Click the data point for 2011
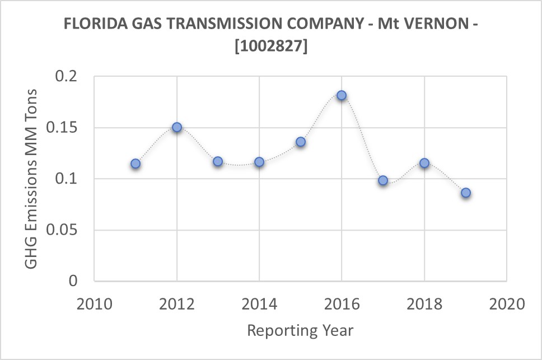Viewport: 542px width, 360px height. click(135, 163)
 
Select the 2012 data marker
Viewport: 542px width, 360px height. click(177, 127)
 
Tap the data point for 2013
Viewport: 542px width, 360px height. click(218, 161)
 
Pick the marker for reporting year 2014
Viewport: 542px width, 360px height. click(259, 162)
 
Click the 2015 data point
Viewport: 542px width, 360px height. click(301, 142)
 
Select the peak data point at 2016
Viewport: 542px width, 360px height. click(342, 95)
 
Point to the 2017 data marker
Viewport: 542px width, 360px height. click(383, 180)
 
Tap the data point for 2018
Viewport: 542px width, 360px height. click(424, 163)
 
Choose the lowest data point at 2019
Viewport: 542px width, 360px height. click(466, 193)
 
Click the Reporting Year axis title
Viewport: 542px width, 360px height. click(300, 330)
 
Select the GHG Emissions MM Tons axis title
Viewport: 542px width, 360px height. click(32, 179)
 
